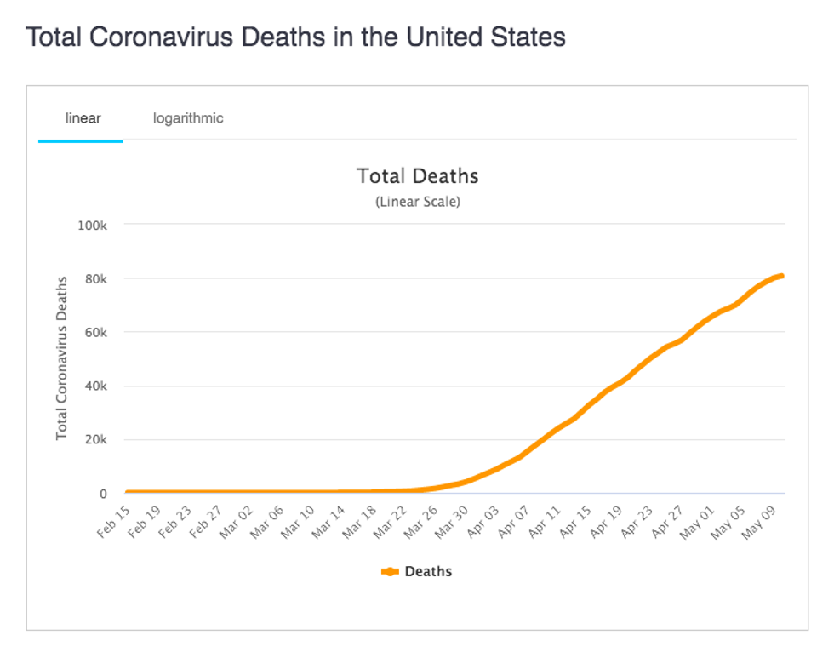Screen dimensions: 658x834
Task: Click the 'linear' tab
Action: point(83,117)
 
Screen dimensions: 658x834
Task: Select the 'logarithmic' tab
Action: point(188,117)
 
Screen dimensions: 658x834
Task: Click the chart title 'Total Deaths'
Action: point(417,176)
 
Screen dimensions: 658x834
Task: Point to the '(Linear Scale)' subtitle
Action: point(417,203)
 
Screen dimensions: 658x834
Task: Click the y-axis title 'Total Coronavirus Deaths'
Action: point(61,358)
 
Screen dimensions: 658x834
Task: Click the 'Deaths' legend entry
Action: point(417,571)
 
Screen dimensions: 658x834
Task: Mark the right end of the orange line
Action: point(780,275)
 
